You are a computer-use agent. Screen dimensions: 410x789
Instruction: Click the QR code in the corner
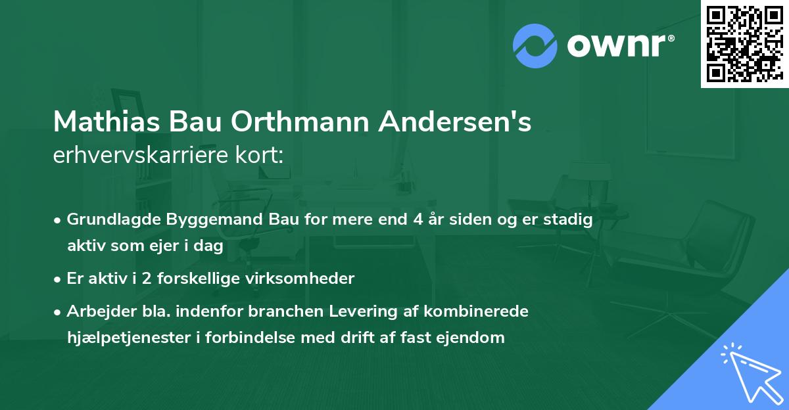[x=744, y=43]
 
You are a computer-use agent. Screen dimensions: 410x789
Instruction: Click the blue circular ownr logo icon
[x=535, y=45]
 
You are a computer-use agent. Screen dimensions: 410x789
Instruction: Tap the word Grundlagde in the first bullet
[x=109, y=219]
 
